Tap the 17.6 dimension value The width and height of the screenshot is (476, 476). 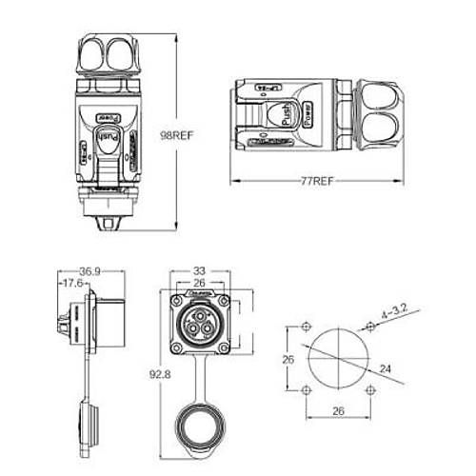point(70,283)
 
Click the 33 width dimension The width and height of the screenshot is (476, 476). point(199,269)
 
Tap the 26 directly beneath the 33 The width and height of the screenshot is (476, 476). point(199,282)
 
